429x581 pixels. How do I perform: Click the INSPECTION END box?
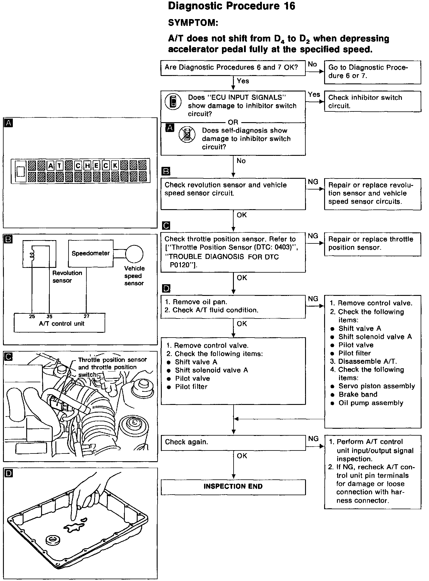(x=233, y=487)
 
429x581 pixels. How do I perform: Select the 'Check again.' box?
(x=233, y=442)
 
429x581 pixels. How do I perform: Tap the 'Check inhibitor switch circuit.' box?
(x=372, y=102)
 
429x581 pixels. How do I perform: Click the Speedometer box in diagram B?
(x=91, y=254)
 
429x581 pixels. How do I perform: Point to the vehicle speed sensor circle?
(x=134, y=254)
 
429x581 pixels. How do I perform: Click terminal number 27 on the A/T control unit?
(x=86, y=316)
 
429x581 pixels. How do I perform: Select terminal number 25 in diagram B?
(x=32, y=316)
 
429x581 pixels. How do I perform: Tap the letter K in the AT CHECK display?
(x=115, y=166)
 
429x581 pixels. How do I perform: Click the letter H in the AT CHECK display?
(x=88, y=166)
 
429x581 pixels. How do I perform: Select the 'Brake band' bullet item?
(x=358, y=394)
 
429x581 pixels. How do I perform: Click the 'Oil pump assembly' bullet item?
(x=371, y=403)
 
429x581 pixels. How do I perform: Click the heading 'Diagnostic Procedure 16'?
(x=231, y=6)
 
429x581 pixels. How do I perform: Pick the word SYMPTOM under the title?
(x=193, y=23)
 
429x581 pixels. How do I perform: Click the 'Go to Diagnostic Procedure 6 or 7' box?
(x=372, y=72)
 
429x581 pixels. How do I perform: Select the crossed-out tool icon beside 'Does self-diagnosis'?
(x=187, y=135)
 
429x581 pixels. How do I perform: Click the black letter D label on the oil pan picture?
(x=9, y=473)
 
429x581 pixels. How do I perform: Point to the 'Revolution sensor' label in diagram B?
(x=67, y=276)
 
